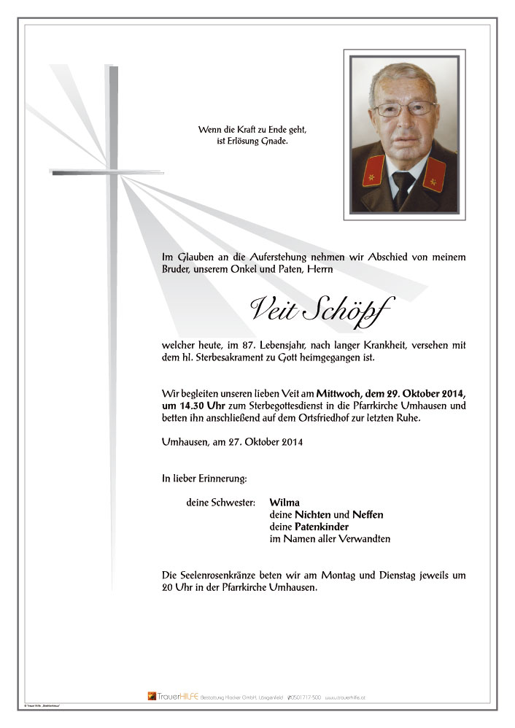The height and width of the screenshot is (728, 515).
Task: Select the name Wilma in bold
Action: (284, 502)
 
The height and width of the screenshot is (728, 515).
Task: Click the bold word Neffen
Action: (368, 514)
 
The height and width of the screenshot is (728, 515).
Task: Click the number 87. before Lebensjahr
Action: (244, 345)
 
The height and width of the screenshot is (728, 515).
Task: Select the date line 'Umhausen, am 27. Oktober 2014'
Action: (233, 442)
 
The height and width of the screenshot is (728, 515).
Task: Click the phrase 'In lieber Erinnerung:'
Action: (205, 479)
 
